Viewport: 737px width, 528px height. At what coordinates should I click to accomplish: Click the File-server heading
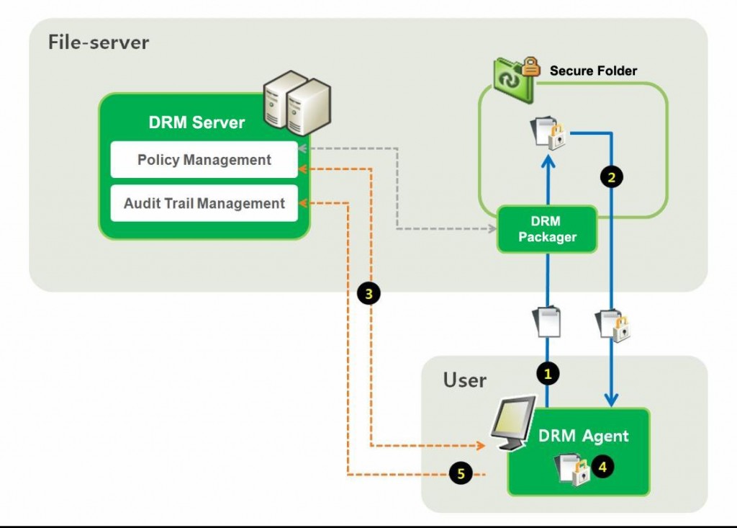point(99,42)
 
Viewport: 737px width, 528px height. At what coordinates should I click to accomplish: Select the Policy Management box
point(204,160)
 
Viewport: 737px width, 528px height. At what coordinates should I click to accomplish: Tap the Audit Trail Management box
point(204,204)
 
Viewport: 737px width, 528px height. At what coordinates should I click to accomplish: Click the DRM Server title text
point(196,122)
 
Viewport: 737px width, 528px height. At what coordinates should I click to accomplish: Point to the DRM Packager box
point(547,229)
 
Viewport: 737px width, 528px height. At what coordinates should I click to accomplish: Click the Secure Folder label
point(593,71)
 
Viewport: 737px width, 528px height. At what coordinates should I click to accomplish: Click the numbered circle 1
point(548,373)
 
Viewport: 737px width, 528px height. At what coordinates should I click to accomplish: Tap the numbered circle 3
point(368,293)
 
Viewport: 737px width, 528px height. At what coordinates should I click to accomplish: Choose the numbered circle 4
point(602,467)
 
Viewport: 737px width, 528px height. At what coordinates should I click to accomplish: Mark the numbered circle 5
point(460,473)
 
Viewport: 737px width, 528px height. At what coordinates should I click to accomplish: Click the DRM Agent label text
point(583,436)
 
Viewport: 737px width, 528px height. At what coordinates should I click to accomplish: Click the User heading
point(464,380)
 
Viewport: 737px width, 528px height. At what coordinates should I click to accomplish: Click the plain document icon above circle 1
point(547,322)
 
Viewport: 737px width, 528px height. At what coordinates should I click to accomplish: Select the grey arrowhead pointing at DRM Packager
point(493,230)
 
